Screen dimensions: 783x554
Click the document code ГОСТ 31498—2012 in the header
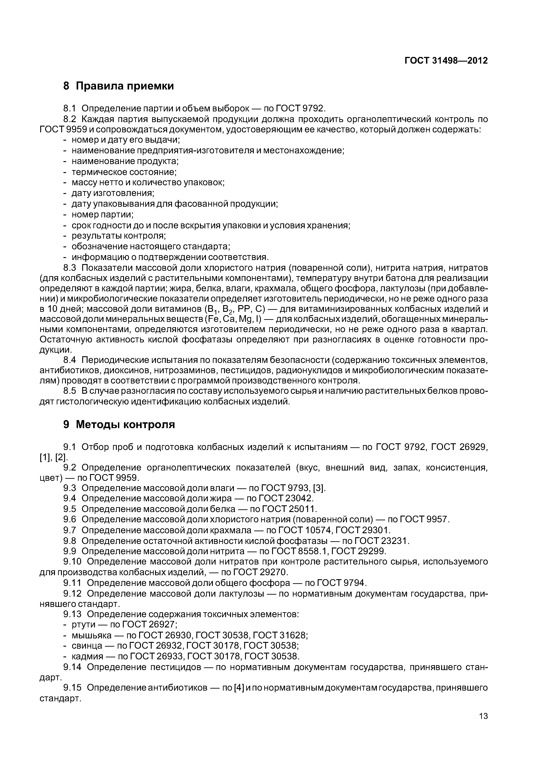pyautogui.click(x=446, y=61)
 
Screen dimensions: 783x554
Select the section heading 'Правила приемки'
pyautogui.click(x=125, y=86)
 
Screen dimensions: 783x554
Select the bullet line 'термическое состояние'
pyautogui.click(x=124, y=172)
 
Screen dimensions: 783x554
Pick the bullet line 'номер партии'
pyautogui.click(x=102, y=214)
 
